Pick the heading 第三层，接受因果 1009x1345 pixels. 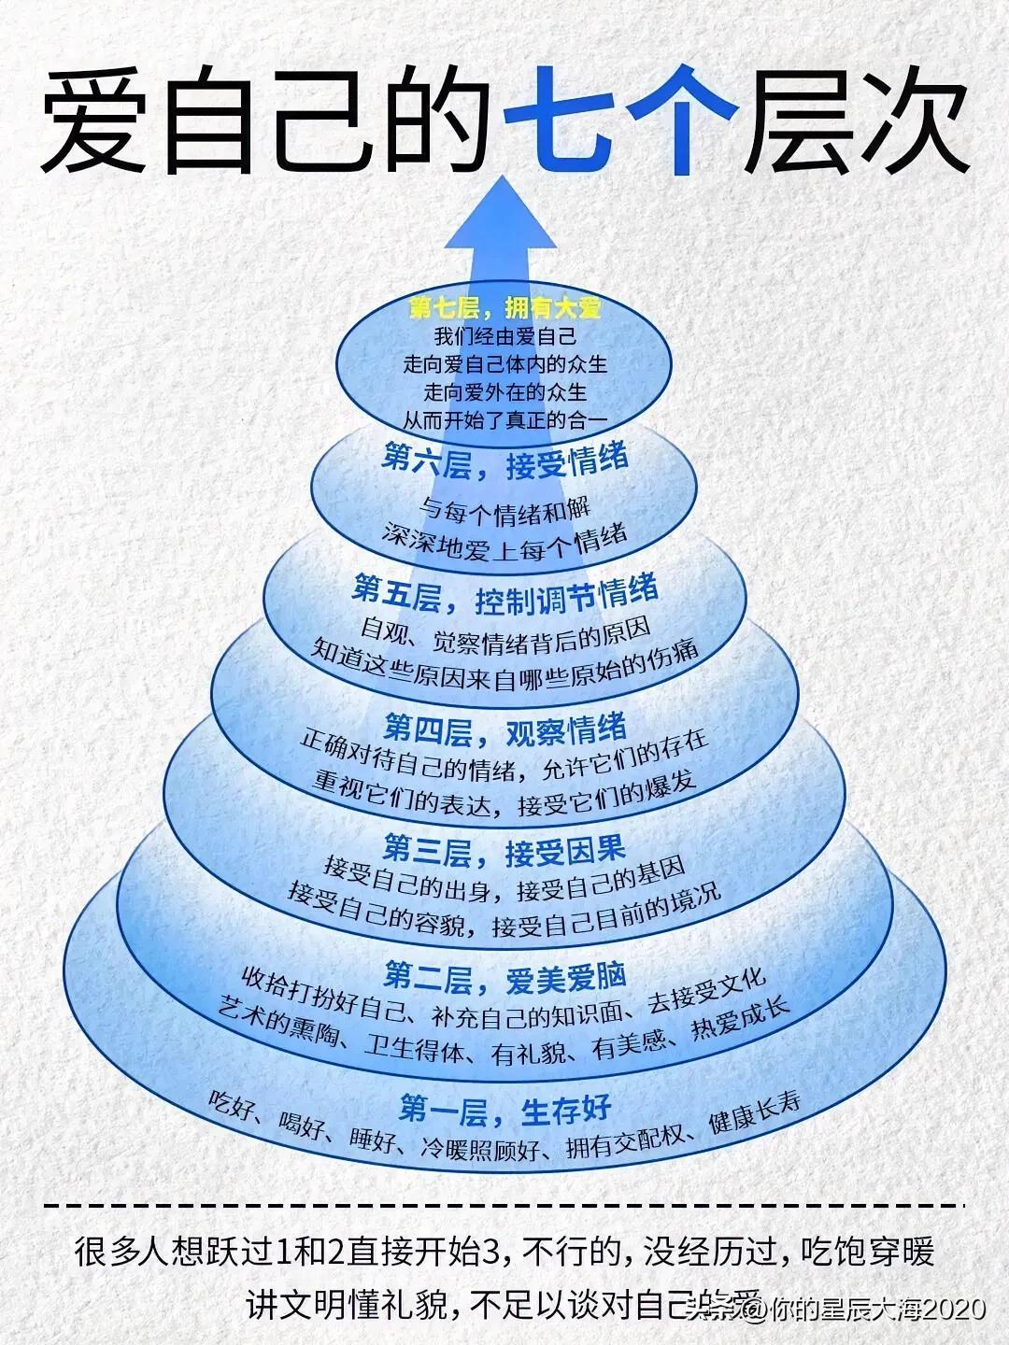coord(504,849)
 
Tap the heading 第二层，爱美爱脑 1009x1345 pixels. coord(504,978)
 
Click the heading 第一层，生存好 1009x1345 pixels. coord(504,1111)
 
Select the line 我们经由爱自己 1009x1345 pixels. coord(504,335)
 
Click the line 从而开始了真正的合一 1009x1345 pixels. coord(504,418)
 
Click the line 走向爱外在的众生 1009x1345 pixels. coord(504,390)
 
